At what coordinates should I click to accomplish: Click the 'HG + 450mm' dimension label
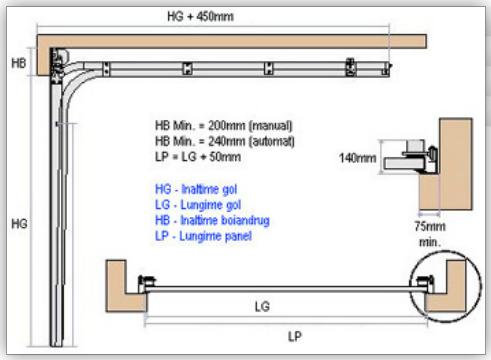[200, 16]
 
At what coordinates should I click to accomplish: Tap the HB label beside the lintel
[19, 63]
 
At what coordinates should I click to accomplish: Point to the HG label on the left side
[19, 224]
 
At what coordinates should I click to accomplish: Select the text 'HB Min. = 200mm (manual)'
[224, 126]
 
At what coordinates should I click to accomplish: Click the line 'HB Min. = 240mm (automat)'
[225, 141]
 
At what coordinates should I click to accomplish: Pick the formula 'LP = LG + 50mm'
[198, 157]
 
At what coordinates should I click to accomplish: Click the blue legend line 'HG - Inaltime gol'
[196, 189]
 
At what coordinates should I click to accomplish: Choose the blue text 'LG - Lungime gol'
[198, 205]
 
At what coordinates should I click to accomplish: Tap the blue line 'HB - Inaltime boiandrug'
[212, 220]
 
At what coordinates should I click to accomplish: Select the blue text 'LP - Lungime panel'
[203, 236]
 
